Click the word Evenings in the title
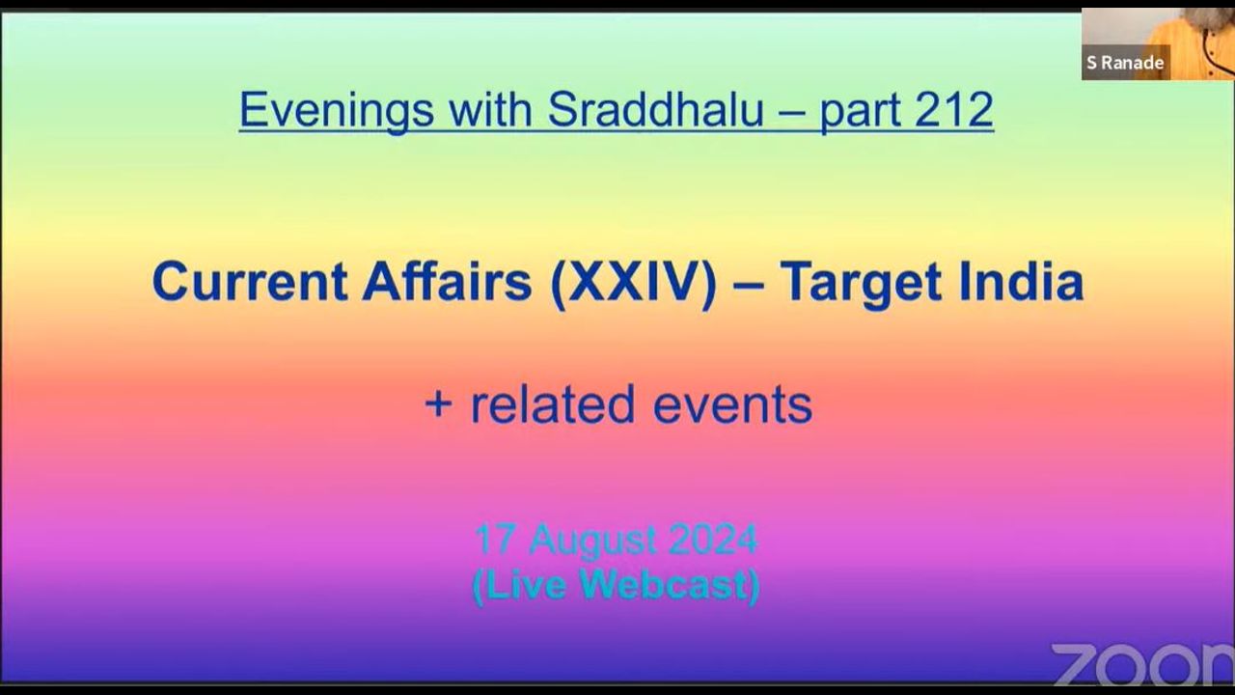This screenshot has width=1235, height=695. [337, 111]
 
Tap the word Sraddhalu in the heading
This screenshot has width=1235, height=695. [656, 109]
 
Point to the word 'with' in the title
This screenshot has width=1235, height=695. [490, 109]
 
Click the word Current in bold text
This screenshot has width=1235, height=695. [250, 282]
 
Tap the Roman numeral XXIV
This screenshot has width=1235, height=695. [634, 282]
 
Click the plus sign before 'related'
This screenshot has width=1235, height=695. [439, 404]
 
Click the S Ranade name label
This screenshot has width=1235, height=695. [1125, 63]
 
